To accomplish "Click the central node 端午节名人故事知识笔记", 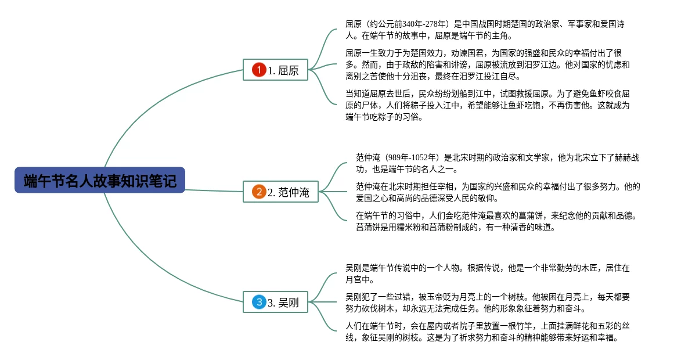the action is tap(99, 181).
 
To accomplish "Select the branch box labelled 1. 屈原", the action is tap(275, 70).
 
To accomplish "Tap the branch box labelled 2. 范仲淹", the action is tap(280, 192).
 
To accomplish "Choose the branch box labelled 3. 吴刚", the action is tap(275, 302).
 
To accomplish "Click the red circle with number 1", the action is tap(258, 70).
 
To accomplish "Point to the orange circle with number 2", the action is tap(258, 192).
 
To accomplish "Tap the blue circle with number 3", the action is tap(258, 302).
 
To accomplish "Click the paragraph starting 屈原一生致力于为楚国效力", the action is tap(487, 64).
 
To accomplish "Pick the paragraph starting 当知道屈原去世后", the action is tap(487, 106).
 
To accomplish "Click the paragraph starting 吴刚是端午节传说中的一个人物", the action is tap(487, 273).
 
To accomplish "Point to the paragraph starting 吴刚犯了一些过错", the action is tap(487, 303).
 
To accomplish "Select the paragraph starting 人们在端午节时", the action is tap(487, 332).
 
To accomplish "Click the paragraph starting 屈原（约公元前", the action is tap(487, 30).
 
